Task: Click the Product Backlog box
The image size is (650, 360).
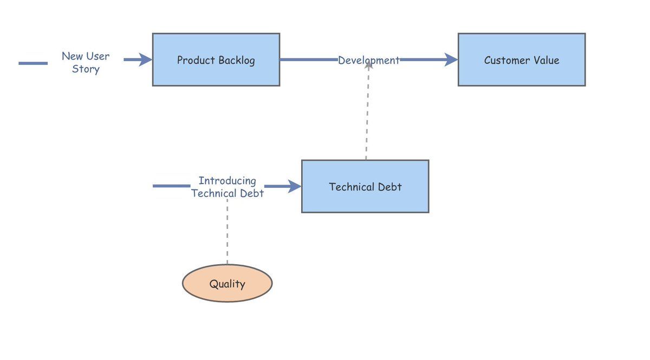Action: (x=216, y=60)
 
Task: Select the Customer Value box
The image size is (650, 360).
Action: (x=522, y=60)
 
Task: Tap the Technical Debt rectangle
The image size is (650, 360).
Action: (x=365, y=186)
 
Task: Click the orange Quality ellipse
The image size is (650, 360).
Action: (x=227, y=283)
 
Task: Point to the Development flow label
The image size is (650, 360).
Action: (x=369, y=60)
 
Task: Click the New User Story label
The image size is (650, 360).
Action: (x=86, y=62)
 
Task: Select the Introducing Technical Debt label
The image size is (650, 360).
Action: (x=227, y=187)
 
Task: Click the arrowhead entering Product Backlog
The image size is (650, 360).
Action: (x=145, y=60)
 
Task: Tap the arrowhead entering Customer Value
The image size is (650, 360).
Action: (x=451, y=60)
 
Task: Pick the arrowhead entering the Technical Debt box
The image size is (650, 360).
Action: (x=295, y=186)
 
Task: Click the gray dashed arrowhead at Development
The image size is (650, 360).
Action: (x=368, y=65)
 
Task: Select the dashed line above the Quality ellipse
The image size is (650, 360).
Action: (x=227, y=232)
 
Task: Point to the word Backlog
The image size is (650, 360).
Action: (x=237, y=60)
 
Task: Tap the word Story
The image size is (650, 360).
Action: (x=86, y=69)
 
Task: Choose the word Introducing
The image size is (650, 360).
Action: (x=227, y=181)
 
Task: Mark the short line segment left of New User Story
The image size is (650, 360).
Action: (x=33, y=63)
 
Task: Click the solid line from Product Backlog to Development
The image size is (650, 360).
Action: (x=309, y=60)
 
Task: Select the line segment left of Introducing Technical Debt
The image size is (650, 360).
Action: (x=172, y=186)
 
